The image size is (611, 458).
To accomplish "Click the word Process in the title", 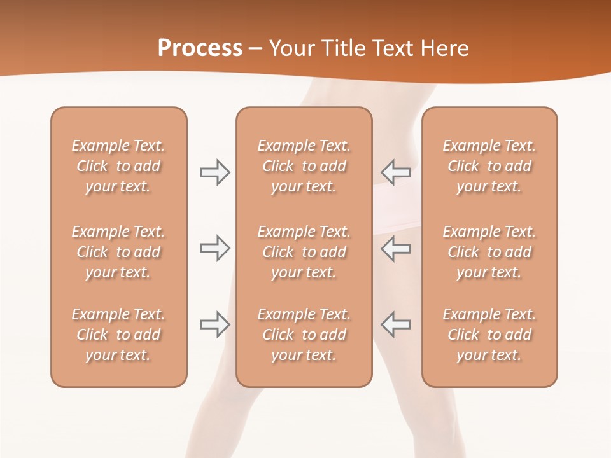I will click(200, 48).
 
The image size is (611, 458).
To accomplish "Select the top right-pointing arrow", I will click(214, 172).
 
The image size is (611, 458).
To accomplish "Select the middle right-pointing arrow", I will click(214, 248).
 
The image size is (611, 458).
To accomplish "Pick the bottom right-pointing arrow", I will click(214, 324).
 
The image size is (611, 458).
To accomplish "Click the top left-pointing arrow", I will click(395, 172).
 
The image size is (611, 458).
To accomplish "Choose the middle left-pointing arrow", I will click(395, 248).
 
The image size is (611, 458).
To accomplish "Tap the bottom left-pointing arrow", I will click(395, 324).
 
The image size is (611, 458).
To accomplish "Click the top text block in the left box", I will click(118, 166).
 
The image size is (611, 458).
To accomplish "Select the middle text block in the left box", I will click(118, 252).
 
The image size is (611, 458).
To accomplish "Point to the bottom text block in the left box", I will click(118, 335).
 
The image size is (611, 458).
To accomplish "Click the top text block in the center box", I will click(304, 166).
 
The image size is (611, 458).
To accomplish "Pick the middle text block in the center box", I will click(304, 252).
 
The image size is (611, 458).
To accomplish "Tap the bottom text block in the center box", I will click(304, 335).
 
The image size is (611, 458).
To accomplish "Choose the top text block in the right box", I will click(489, 166).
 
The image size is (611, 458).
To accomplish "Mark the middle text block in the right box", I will click(489, 252).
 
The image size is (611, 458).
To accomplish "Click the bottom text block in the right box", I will click(489, 335).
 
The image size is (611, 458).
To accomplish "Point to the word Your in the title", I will click(292, 48).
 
